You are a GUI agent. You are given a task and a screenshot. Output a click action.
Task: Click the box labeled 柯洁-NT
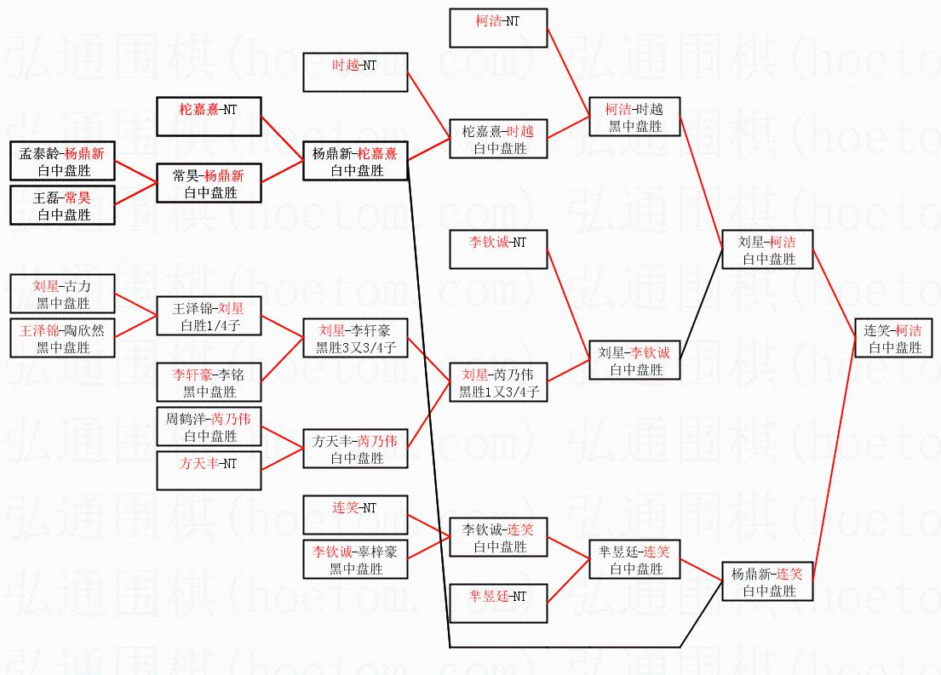[498, 27]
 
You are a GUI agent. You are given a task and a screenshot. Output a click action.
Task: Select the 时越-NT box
[355, 72]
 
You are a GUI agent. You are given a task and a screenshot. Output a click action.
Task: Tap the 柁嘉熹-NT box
[209, 117]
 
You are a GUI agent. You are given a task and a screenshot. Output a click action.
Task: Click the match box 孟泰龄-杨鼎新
[62, 161]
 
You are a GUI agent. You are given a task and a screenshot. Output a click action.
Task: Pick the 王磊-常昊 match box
[62, 205]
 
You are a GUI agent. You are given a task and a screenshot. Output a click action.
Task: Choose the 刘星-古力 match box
[62, 294]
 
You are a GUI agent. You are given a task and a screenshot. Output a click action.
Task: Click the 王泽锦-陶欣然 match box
[62, 338]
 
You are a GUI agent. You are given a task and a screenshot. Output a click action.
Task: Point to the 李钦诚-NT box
[498, 249]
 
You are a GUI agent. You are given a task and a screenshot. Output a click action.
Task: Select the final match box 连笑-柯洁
[893, 338]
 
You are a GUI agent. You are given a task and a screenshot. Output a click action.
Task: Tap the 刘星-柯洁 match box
[767, 249]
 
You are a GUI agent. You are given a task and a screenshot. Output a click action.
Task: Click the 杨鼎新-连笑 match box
[767, 581]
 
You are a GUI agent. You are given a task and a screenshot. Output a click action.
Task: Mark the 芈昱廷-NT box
[498, 603]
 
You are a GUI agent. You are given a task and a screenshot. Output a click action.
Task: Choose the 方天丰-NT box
[209, 471]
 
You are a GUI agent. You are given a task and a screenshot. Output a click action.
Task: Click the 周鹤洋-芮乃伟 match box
[209, 426]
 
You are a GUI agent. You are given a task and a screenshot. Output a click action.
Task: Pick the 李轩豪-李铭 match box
[209, 381]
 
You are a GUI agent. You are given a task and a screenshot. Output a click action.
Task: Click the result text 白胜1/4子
[210, 326]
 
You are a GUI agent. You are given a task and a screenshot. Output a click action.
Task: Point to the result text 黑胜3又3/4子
[356, 347]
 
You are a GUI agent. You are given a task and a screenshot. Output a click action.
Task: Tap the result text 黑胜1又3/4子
[499, 392]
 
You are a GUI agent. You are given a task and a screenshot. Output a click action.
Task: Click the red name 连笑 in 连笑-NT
[346, 507]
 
